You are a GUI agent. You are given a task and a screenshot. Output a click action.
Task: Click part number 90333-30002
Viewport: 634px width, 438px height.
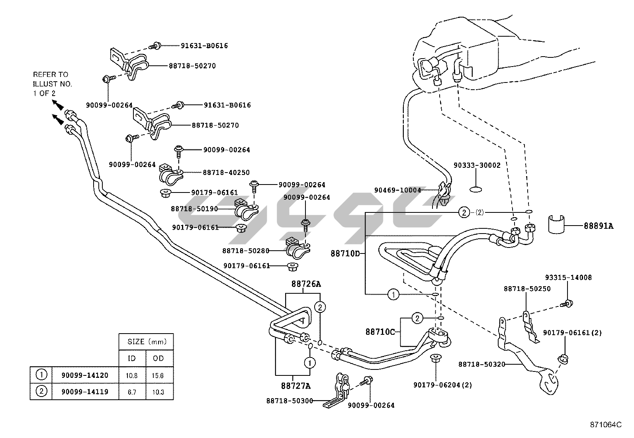pos(477,165)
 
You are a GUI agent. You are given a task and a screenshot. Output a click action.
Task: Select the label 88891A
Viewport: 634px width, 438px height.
pos(599,226)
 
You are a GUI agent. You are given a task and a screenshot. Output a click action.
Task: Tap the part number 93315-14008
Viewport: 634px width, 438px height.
pos(568,277)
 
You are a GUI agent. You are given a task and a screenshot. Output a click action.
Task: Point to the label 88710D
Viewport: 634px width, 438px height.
pos(345,253)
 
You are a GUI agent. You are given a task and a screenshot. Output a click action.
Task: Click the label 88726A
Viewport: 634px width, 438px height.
pos(306,284)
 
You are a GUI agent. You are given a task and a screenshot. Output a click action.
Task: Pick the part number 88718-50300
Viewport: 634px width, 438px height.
pos(290,401)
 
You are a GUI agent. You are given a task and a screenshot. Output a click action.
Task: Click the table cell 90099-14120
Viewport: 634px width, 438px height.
pos(84,375)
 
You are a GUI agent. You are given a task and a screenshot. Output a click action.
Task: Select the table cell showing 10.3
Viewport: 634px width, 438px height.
pos(158,392)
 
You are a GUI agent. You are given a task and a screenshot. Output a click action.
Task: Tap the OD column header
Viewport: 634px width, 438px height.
pos(158,358)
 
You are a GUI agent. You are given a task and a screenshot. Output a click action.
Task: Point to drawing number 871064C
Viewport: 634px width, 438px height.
pos(606,425)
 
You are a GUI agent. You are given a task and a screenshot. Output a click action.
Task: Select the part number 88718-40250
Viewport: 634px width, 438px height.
pos(226,173)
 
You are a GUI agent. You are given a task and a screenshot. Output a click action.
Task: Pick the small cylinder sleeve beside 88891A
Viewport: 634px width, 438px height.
pos(556,223)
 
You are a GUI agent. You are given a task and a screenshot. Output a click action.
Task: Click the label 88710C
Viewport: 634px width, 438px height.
pos(380,332)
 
